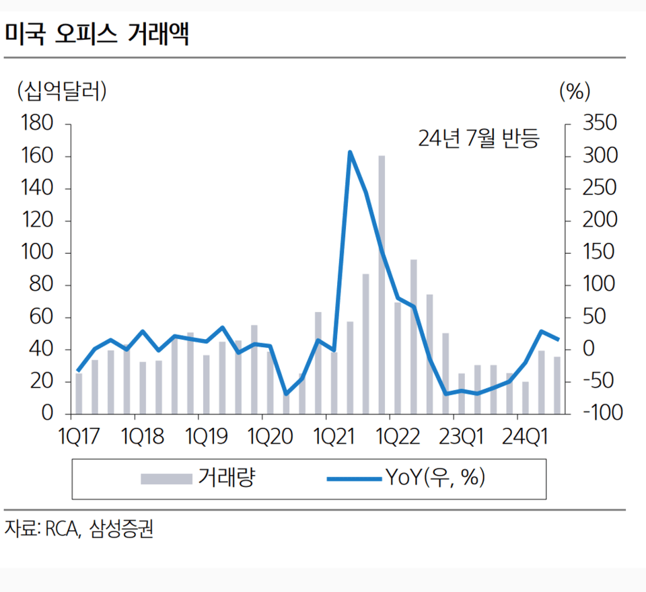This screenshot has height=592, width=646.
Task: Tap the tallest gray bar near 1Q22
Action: point(382,283)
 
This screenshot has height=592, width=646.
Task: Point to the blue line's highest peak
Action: point(350,152)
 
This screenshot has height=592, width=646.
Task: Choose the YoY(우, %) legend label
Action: point(435,478)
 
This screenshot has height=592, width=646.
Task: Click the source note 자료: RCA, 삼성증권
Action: point(79,529)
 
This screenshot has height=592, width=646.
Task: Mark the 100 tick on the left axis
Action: point(37,253)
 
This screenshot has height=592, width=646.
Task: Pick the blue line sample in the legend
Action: point(355,479)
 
